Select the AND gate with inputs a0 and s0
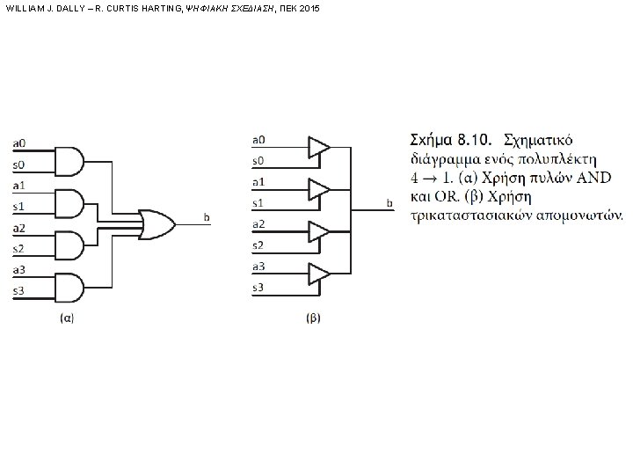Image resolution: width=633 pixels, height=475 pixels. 69,159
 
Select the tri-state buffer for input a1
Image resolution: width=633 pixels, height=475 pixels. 317,189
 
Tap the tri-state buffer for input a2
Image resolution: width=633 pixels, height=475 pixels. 317,231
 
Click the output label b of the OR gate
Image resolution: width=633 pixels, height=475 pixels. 206,216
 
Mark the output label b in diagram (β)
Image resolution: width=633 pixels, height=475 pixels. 389,204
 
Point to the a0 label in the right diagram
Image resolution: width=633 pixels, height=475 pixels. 258,139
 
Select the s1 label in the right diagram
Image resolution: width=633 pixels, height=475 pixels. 258,202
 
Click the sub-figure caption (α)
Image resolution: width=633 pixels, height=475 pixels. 65,318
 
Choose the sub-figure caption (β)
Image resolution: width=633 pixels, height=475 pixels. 312,318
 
